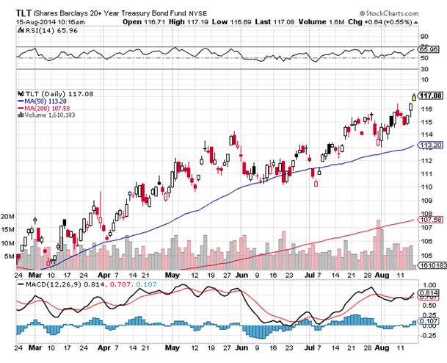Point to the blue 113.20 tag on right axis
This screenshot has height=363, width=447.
coord(430,146)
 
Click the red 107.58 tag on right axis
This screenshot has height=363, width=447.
coord(430,219)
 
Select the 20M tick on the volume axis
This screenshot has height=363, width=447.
coord(9,217)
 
